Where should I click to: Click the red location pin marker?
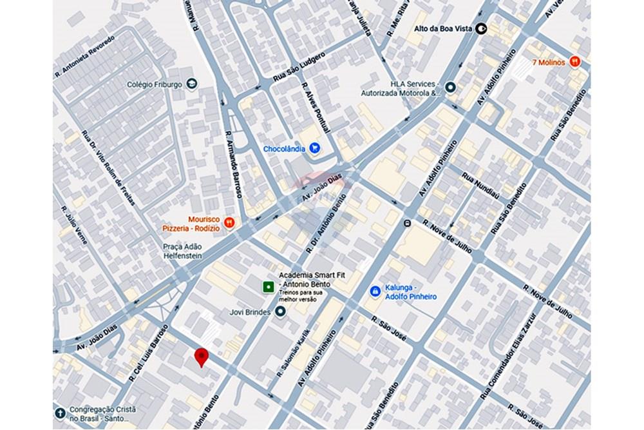[202, 356]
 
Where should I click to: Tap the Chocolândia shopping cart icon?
[314, 148]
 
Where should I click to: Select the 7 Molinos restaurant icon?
[575, 62]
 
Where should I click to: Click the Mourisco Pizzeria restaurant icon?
[230, 222]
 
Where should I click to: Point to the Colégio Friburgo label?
[155, 84]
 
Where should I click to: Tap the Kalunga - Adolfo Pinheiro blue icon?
[374, 291]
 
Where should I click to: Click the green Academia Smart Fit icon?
[267, 285]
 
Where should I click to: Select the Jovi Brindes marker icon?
[280, 311]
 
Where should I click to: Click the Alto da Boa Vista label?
[444, 28]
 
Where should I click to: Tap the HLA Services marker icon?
[450, 88]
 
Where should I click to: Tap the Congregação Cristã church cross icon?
[60, 413]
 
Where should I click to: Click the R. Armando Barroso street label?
[234, 165]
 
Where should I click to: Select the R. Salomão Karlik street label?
[293, 353]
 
